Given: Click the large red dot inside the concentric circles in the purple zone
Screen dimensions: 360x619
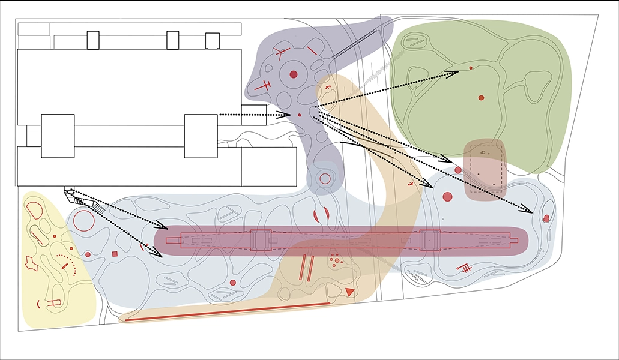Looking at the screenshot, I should point(293,74).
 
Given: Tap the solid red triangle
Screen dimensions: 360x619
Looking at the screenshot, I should point(349,292).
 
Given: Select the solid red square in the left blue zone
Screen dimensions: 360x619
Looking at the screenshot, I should point(115,254).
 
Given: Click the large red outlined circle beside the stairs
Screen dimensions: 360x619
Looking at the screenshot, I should point(84,221).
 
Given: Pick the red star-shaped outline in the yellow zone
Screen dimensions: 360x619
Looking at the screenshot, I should point(31,262).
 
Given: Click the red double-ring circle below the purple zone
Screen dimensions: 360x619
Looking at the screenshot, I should point(325,178).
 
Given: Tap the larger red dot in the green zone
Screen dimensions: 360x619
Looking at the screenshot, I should point(481,97).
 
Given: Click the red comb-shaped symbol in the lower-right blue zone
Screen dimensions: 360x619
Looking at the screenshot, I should point(464,268).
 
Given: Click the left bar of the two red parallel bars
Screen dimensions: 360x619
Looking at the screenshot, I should point(303,268).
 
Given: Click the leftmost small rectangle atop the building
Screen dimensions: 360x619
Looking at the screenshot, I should point(93,40).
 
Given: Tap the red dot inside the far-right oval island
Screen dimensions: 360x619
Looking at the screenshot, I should point(546,218).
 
